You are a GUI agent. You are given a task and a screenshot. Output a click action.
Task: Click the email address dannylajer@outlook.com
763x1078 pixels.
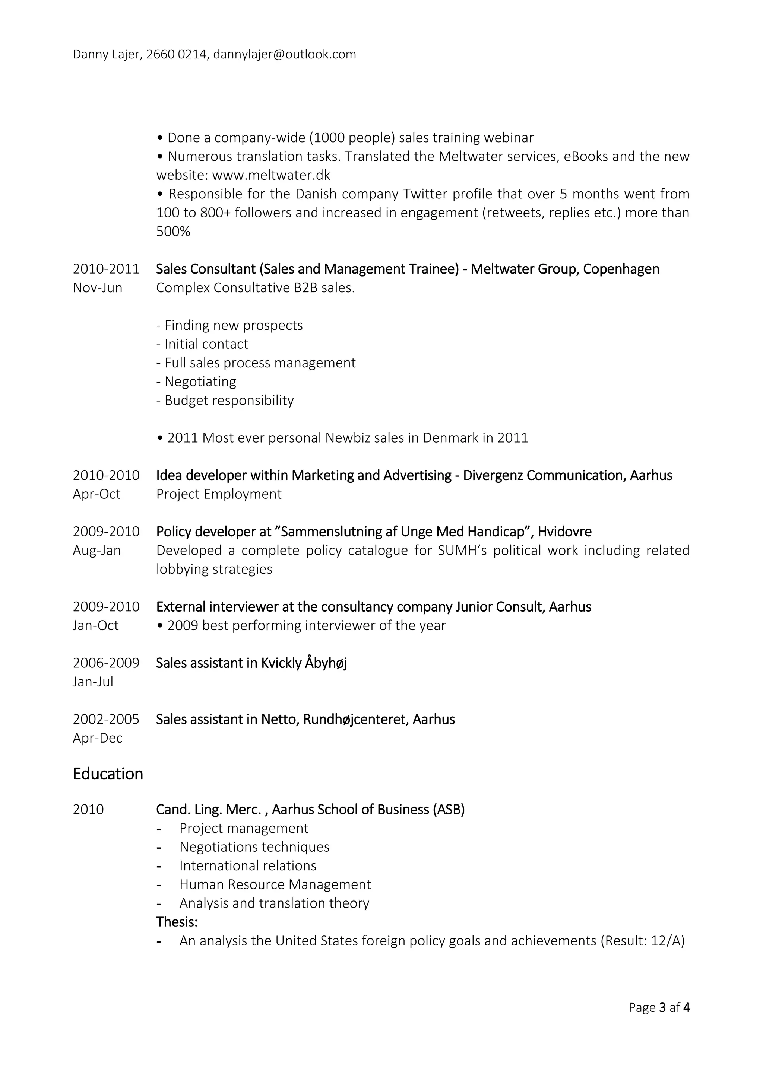tap(284, 54)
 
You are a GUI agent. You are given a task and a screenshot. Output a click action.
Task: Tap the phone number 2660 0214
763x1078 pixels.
tap(176, 54)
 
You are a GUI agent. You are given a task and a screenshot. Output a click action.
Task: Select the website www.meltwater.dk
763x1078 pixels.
tap(271, 175)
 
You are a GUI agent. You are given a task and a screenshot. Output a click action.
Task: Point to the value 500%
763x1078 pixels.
tap(173, 232)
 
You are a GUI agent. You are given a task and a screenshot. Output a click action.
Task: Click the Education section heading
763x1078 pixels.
tap(108, 774)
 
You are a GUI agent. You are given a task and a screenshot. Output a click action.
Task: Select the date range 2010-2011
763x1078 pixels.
tap(106, 269)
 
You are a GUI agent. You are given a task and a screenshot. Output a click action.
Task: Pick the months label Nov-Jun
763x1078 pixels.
tap(97, 288)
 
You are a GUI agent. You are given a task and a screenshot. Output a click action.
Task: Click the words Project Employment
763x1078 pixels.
tap(219, 494)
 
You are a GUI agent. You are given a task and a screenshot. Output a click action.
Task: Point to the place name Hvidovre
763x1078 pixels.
tap(564, 532)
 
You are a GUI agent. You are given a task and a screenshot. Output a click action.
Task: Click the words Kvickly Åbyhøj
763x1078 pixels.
tap(304, 663)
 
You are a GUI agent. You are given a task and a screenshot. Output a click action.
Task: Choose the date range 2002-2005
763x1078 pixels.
tap(106, 719)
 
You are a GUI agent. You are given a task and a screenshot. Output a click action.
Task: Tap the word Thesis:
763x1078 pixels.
tap(177, 922)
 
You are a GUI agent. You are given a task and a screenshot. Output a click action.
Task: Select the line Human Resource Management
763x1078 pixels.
tap(275, 884)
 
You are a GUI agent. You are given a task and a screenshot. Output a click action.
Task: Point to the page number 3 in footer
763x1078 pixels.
tap(662, 1008)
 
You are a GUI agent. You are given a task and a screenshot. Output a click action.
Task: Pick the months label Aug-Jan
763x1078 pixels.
tap(96, 551)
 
